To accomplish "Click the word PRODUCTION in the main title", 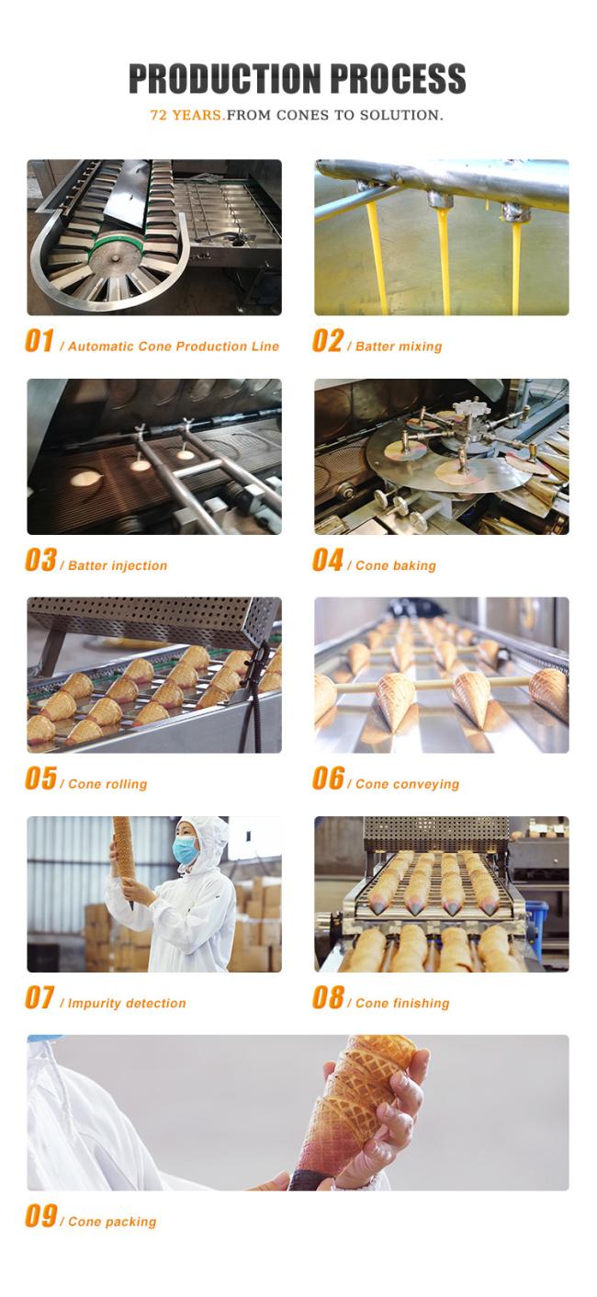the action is tap(224, 79).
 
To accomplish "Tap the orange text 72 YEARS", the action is tap(186, 115).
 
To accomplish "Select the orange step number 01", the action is tap(39, 341).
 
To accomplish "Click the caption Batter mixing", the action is tap(399, 347).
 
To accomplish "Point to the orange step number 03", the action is tap(40, 560).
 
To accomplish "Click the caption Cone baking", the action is tap(396, 565).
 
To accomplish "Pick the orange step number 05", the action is tap(40, 779).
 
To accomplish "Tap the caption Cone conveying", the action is tap(407, 785).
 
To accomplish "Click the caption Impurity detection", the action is tap(127, 1004).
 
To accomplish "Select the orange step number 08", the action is tap(328, 997).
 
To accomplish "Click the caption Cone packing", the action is tap(112, 1223).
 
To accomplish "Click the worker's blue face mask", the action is tap(186, 850).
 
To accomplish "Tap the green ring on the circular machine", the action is tap(115, 244).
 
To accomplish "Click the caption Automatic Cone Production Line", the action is tap(174, 347).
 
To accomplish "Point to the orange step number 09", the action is tap(40, 1216).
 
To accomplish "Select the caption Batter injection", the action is tap(118, 565).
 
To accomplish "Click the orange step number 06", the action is tap(328, 779).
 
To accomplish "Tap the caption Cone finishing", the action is tap(402, 1004).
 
